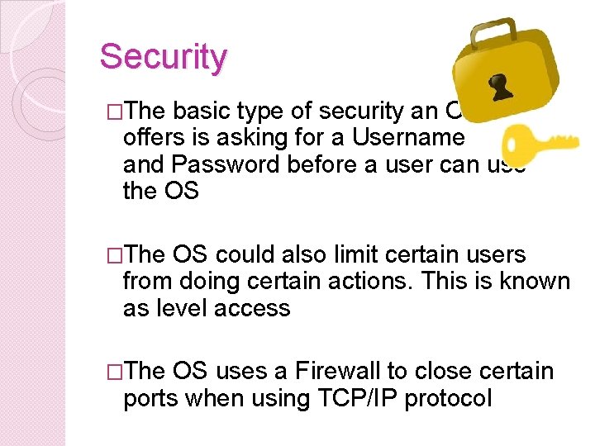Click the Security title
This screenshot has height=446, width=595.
click(x=163, y=57)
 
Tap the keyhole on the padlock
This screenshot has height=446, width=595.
click(x=500, y=86)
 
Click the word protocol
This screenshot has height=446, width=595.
click(x=450, y=398)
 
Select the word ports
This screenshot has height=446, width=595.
click(x=152, y=398)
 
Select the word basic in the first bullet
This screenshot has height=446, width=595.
click(x=202, y=111)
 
